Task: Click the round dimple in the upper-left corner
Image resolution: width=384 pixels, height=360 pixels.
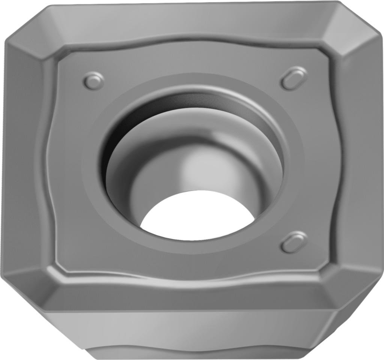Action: [93, 81]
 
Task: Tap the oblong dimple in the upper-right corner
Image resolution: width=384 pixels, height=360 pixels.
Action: [294, 78]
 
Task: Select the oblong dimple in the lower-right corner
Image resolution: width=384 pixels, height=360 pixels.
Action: [294, 242]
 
